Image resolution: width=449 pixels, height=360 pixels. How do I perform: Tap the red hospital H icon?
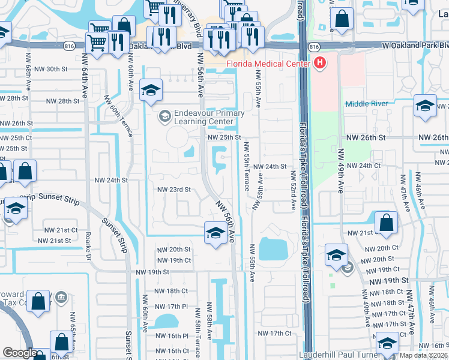pyautogui.click(x=320, y=62)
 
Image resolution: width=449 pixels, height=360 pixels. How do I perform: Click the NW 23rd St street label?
pyautogui.click(x=173, y=190)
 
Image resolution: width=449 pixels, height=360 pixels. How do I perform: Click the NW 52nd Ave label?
pyautogui.click(x=294, y=190)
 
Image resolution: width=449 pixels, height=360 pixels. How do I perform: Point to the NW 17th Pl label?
pyautogui.click(x=170, y=306)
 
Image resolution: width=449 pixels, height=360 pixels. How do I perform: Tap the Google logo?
pyautogui.click(x=20, y=353)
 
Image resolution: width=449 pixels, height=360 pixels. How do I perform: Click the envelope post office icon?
pyautogui.click(x=347, y=268)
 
